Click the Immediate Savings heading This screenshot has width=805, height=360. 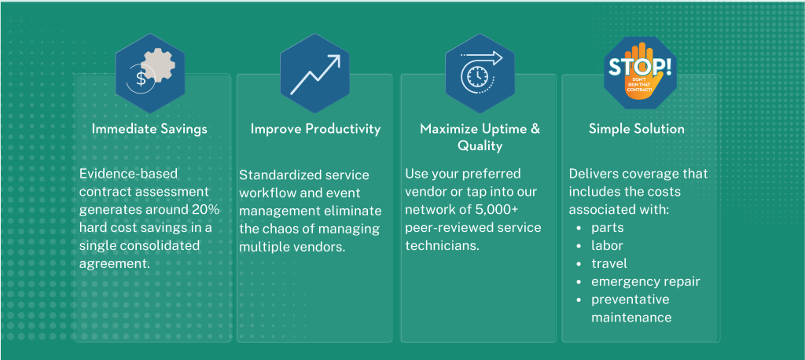click(x=149, y=128)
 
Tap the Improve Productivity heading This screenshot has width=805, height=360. click(x=316, y=128)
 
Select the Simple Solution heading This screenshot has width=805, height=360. click(x=637, y=128)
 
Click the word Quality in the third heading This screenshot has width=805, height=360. click(x=480, y=146)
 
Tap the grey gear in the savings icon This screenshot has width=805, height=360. click(x=158, y=68)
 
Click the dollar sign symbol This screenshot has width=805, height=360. click(x=140, y=79)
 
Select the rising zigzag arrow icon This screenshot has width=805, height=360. click(x=315, y=75)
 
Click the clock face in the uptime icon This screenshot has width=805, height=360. click(x=478, y=76)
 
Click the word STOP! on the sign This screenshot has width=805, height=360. click(x=640, y=67)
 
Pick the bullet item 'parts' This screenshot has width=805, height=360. click(x=608, y=228)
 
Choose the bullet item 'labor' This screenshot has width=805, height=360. click(x=607, y=245)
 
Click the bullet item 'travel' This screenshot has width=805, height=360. click(x=609, y=263)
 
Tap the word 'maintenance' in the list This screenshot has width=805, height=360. click(x=631, y=318)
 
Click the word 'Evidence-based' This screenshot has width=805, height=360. click(x=129, y=174)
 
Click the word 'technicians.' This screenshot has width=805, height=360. click(x=442, y=245)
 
